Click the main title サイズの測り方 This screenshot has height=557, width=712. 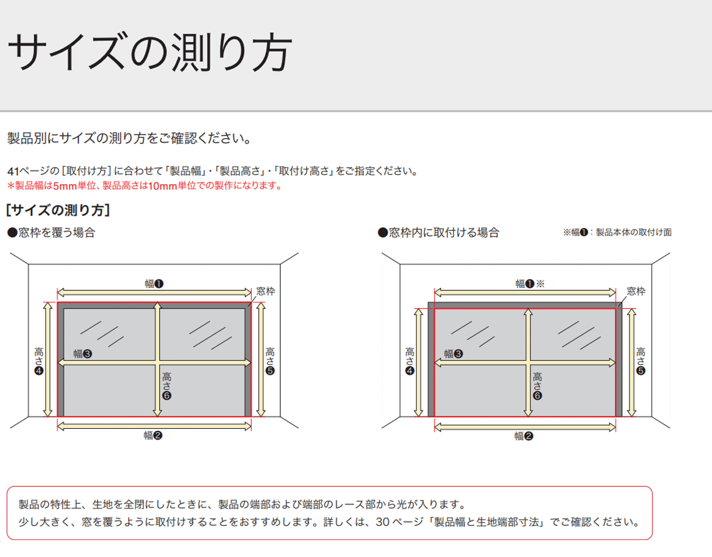pyautogui.click(x=150, y=52)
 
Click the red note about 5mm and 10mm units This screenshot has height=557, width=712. pyautogui.click(x=145, y=186)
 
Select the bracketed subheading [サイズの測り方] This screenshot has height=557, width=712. pyautogui.click(x=58, y=210)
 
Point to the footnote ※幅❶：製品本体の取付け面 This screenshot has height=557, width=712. pyautogui.click(x=617, y=232)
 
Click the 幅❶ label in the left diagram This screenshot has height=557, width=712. pyautogui.click(x=154, y=284)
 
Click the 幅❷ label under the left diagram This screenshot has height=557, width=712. pyautogui.click(x=153, y=436)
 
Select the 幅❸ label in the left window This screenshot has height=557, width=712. pyautogui.click(x=83, y=354)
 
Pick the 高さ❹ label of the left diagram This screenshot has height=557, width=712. pyautogui.click(x=39, y=361)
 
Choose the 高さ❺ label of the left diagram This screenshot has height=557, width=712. pyautogui.click(x=270, y=361)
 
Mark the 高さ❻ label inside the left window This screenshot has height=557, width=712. pyautogui.click(x=167, y=386)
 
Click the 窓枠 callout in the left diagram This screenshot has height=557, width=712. pyautogui.click(x=266, y=291)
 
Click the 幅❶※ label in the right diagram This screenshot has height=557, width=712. pyautogui.click(x=530, y=284)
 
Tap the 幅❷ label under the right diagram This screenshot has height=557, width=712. pyautogui.click(x=524, y=436)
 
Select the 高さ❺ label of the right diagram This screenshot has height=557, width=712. pyautogui.click(x=641, y=361)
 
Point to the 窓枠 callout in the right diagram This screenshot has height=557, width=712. pyautogui.click(x=636, y=291)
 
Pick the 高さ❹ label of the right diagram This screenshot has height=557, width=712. pyautogui.click(x=410, y=361)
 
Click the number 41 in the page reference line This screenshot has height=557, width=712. pyautogui.click(x=13, y=171)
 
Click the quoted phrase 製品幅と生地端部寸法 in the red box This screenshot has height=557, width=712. pyautogui.click(x=486, y=522)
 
